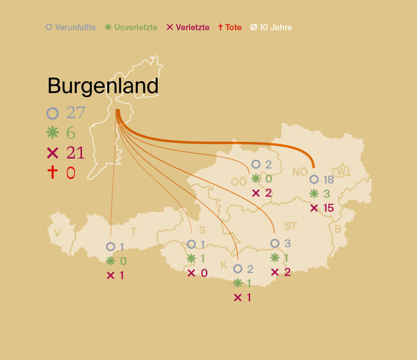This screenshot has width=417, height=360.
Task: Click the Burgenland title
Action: [103, 86]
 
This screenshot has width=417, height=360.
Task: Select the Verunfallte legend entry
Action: [71, 28]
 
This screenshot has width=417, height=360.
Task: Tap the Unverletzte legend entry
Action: [131, 28]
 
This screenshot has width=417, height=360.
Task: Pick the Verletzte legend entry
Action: [188, 28]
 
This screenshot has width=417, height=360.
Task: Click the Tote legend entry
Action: [230, 28]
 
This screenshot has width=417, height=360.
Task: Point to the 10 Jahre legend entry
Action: [271, 28]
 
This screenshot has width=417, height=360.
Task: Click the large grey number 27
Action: [76, 113]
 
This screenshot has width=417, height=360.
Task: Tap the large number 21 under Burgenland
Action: [76, 153]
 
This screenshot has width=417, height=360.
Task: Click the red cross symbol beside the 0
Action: [53, 172]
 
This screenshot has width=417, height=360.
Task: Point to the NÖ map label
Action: [300, 172]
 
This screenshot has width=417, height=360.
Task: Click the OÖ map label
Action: [239, 182]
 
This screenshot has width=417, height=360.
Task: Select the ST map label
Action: [291, 226]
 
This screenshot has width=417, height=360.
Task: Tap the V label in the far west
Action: [57, 233]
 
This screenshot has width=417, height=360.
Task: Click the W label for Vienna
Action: [341, 172]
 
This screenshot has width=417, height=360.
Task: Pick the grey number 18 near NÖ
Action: [328, 180]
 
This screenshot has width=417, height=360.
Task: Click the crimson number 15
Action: [328, 208]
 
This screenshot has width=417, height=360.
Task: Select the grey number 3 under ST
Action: [288, 244]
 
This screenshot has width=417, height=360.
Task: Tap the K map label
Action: [224, 265]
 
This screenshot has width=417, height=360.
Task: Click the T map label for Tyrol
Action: [134, 232]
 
